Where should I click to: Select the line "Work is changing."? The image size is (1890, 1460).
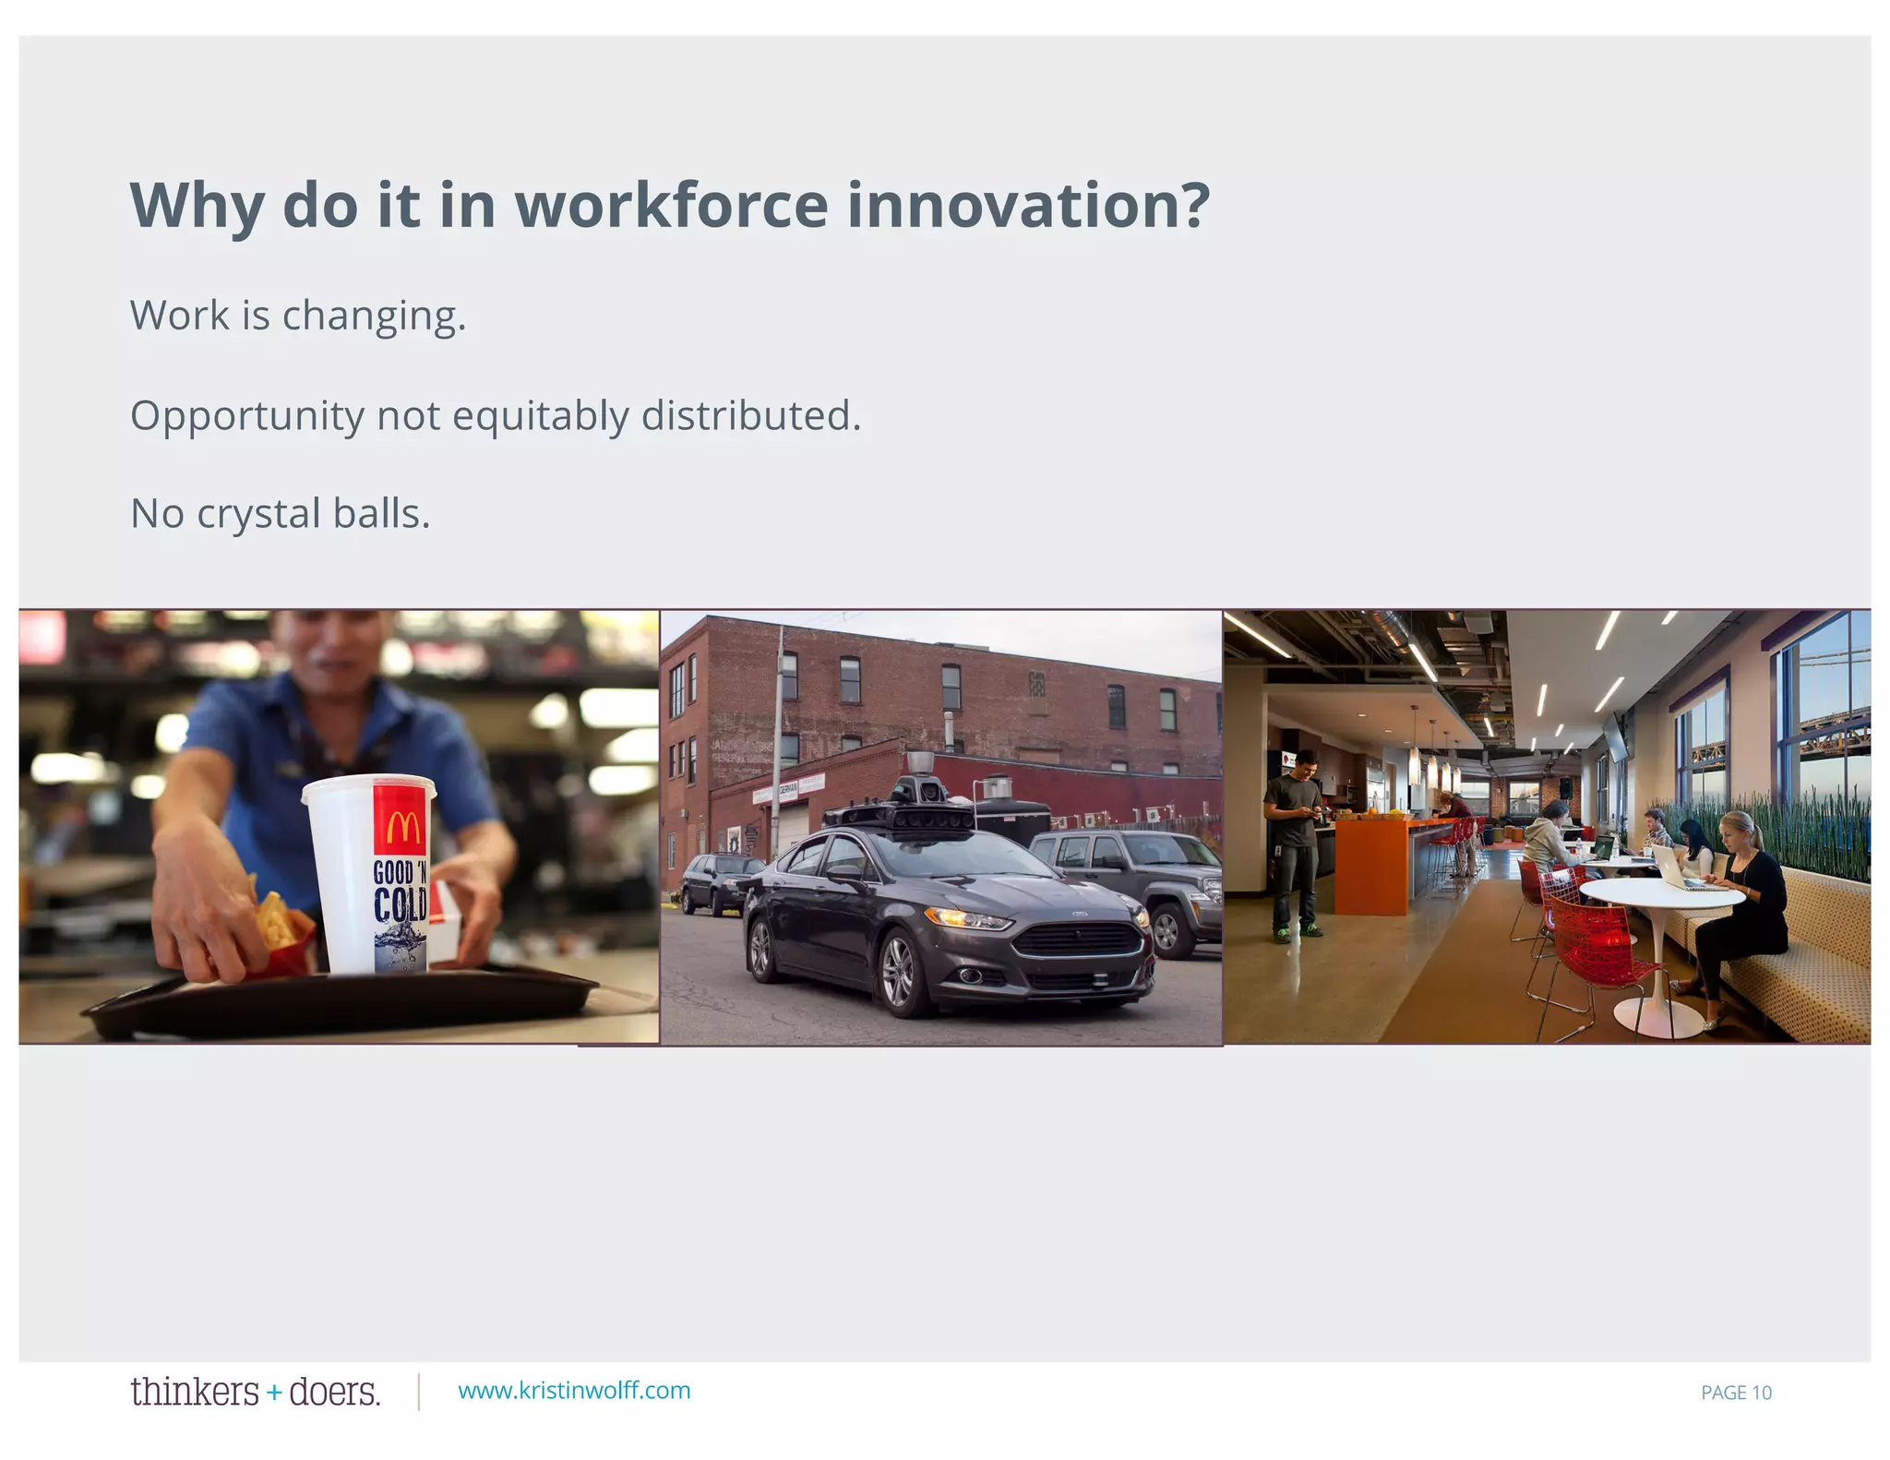(x=298, y=316)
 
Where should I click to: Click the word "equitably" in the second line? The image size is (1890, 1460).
(x=540, y=415)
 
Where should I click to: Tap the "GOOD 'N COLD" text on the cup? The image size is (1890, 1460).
(x=400, y=892)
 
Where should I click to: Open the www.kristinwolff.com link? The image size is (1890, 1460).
(x=574, y=1391)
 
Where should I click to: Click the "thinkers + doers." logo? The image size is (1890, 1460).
(x=255, y=1392)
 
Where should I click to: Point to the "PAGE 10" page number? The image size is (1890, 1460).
(x=1736, y=1393)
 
